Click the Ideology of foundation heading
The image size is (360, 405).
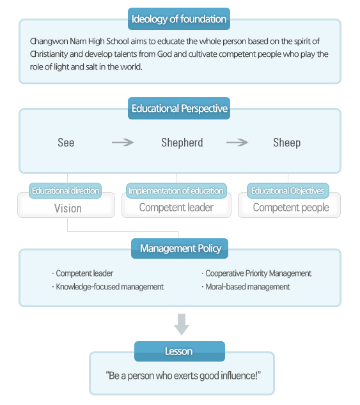(x=179, y=19)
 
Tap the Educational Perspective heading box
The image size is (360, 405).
(x=179, y=108)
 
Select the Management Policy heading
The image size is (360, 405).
(x=180, y=248)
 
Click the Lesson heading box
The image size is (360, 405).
(x=180, y=351)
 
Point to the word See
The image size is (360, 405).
(x=66, y=142)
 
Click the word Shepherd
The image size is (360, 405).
(x=182, y=142)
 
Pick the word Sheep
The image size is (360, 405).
(x=287, y=143)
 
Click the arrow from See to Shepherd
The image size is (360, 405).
(x=123, y=142)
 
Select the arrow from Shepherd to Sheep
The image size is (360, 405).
(x=237, y=142)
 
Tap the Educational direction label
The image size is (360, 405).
(x=65, y=190)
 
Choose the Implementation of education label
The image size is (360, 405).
(x=176, y=190)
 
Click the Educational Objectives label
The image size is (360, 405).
(x=288, y=190)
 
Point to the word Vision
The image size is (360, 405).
(x=68, y=208)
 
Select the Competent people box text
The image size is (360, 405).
(x=291, y=208)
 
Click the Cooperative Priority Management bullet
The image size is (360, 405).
(x=256, y=273)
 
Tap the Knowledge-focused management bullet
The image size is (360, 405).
(x=108, y=287)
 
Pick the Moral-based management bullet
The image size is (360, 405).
(x=246, y=287)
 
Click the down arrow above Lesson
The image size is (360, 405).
(x=182, y=325)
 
